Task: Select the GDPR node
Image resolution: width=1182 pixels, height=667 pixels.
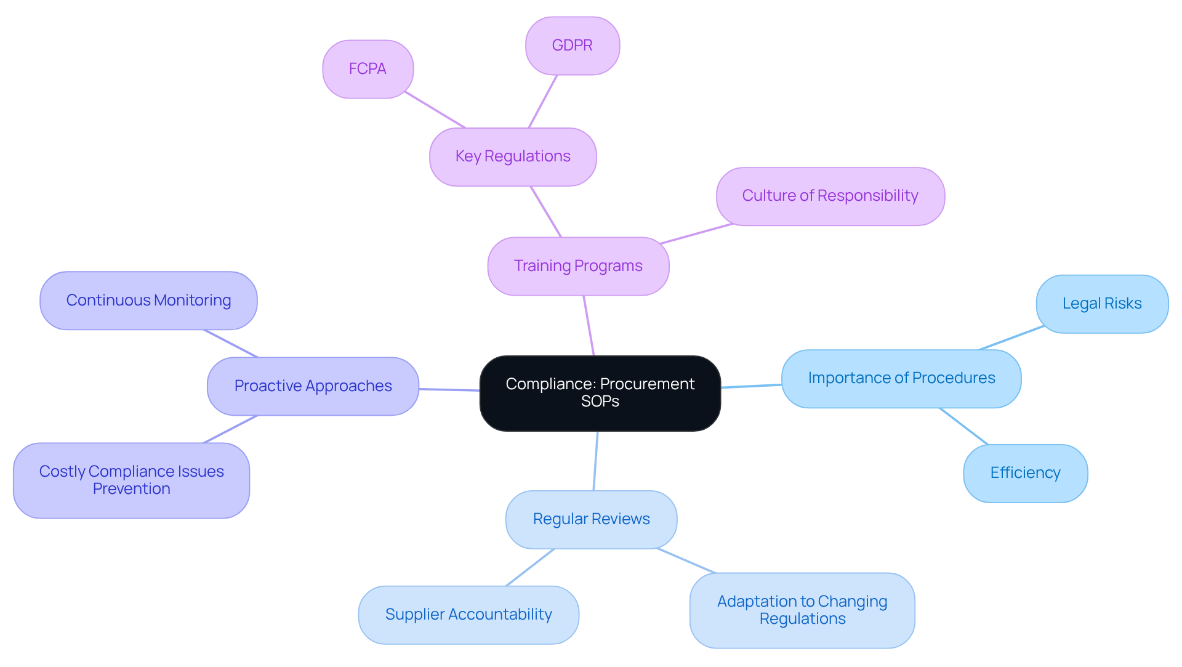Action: point(572,46)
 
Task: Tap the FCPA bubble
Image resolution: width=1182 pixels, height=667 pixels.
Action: point(368,69)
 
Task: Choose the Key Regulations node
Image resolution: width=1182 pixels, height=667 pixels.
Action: point(513,156)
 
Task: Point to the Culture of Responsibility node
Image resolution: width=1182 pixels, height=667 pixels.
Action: point(830,196)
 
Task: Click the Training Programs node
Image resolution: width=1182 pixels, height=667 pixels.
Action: point(578,266)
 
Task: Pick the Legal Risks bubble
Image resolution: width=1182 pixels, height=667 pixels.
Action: point(1101,304)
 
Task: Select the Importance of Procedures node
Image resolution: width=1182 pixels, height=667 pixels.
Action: point(901,378)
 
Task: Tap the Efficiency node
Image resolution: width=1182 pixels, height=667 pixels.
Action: point(1025,473)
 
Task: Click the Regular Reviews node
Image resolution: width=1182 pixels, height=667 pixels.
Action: point(591,519)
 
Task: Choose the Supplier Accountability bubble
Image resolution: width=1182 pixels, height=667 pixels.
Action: point(468,615)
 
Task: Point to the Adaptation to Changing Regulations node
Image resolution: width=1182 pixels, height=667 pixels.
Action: point(802,610)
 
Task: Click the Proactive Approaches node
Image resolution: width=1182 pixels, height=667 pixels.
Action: point(313,386)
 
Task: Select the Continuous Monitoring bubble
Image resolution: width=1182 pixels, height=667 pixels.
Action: point(148,301)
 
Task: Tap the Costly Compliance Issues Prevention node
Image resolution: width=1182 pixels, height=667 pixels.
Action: point(131,480)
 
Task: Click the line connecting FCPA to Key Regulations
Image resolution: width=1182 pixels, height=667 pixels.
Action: point(435,110)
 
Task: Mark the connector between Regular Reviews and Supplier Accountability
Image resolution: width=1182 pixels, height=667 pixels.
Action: point(530,567)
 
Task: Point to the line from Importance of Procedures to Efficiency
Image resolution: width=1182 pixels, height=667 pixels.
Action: point(963,426)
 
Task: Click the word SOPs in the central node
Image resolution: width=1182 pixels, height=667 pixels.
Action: point(600,402)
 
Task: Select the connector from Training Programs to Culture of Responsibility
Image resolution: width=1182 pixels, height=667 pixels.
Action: point(696,234)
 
